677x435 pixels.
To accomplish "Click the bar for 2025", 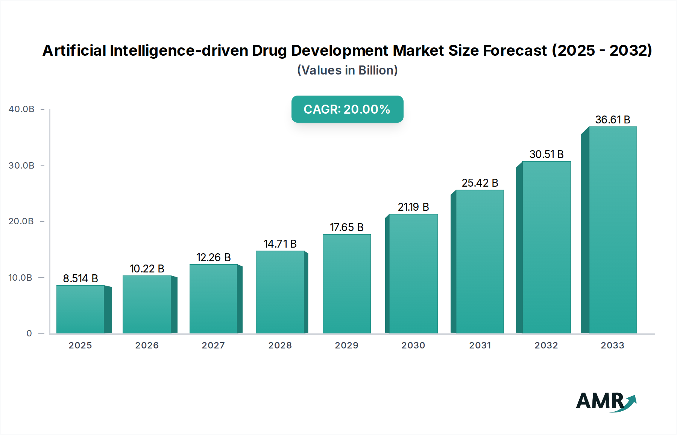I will coord(80,309).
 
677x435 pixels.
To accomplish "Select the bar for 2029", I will coord(346,284).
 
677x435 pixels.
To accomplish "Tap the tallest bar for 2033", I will coord(613,230).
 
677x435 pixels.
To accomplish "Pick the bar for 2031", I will coord(480,262).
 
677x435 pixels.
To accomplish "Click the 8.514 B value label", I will coord(80,278).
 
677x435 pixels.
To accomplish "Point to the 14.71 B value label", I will coord(280,244).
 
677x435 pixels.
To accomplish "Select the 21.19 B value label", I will coord(413,207).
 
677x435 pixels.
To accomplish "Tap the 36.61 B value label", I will coord(613,120).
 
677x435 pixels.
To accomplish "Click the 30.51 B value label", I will coord(546,154).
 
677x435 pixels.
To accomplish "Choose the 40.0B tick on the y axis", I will coord(21,109).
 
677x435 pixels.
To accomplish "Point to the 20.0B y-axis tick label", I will coord(21,221).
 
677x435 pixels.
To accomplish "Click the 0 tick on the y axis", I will coord(29,333).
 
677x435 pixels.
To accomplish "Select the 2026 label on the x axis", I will coord(147,345).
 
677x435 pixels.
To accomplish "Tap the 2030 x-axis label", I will coord(413,345).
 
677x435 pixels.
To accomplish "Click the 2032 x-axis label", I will coord(546,345).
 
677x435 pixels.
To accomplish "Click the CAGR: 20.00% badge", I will coord(347,109).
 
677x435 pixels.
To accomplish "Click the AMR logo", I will coord(606,402).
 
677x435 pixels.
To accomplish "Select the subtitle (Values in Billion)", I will coord(347,70).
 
